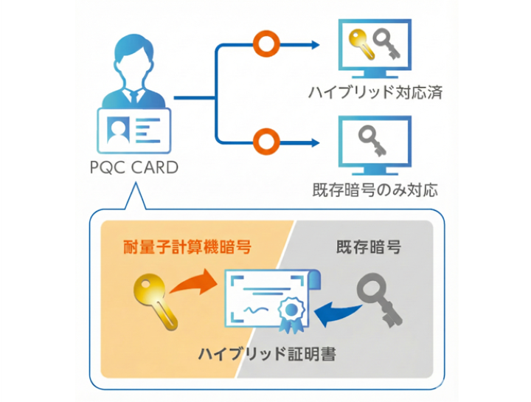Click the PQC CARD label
[x=135, y=167]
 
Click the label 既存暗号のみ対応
[x=375, y=190]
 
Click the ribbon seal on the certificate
[x=290, y=314]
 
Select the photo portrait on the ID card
[x=117, y=131]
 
